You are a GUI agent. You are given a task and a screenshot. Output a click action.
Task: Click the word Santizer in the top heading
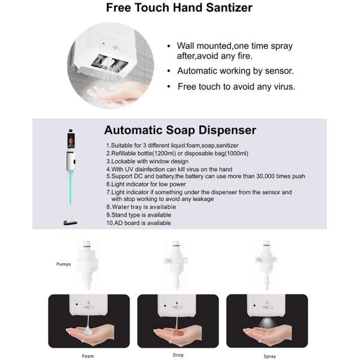click(229, 8)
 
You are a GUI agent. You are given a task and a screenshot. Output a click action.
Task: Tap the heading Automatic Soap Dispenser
click(180, 130)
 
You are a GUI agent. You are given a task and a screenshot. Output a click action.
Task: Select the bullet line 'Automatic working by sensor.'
click(235, 71)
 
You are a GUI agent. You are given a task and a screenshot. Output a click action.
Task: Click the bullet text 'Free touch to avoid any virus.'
click(236, 87)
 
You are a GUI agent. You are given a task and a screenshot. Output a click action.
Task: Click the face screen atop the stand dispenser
click(71, 140)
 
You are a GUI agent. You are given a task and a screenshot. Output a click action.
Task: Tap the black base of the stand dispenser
click(70, 223)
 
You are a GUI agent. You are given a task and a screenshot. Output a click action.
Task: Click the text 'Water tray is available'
click(144, 207)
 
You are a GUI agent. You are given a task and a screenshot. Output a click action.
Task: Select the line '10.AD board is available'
click(139, 223)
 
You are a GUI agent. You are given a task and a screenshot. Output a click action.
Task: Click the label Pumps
click(64, 264)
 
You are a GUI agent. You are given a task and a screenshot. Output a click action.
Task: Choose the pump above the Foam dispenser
click(87, 265)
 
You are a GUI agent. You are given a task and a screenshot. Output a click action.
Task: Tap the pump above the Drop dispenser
click(176, 265)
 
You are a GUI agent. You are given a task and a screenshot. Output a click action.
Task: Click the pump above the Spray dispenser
click(266, 265)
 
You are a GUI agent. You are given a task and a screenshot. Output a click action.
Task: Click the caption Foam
click(88, 356)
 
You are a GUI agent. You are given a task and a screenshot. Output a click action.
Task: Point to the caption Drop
click(178, 355)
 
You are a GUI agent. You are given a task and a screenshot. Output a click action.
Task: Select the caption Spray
click(269, 356)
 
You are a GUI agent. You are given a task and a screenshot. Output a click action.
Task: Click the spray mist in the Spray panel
click(267, 323)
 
